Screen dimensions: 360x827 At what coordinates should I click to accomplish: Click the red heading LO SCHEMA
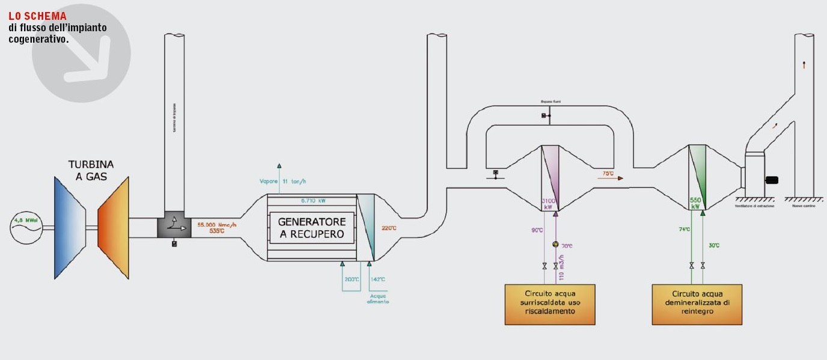(x=37, y=16)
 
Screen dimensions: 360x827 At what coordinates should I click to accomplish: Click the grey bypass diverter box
(x=173, y=227)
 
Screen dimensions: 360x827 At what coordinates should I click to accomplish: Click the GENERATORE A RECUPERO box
(x=312, y=227)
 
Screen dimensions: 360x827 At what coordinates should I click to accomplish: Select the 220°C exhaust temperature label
(x=389, y=228)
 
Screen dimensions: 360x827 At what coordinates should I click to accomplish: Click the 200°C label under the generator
(x=351, y=279)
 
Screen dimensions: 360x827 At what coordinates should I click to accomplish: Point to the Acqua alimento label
(x=378, y=298)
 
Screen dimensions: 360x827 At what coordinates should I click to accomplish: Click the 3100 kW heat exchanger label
(x=548, y=204)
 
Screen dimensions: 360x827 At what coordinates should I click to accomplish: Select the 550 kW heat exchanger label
(x=695, y=203)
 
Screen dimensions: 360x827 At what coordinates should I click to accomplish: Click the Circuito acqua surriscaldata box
(x=549, y=304)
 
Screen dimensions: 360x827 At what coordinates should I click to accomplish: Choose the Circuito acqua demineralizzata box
(x=697, y=304)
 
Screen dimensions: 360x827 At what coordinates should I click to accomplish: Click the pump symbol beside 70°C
(x=555, y=244)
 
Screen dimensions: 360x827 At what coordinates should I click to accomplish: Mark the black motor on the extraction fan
(x=771, y=180)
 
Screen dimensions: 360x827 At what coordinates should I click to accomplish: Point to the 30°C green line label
(x=713, y=245)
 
